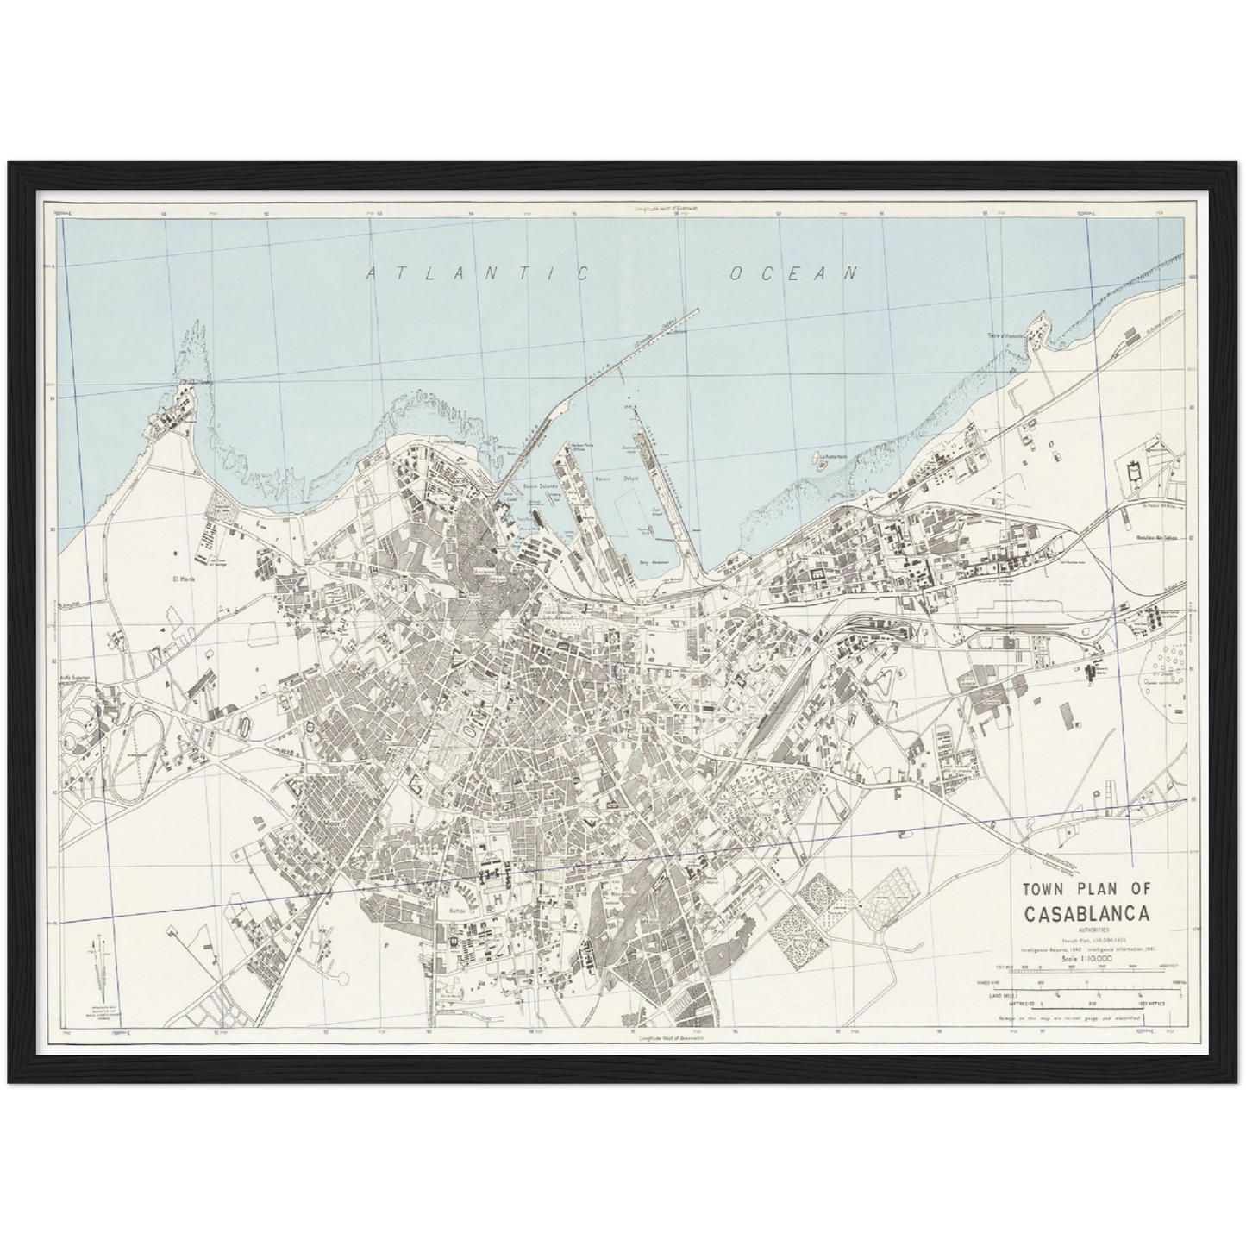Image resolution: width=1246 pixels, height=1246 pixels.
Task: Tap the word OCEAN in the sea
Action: [794, 273]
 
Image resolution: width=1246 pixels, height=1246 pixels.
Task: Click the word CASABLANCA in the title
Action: [1085, 915]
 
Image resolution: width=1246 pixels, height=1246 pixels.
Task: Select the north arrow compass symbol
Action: [98, 961]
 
